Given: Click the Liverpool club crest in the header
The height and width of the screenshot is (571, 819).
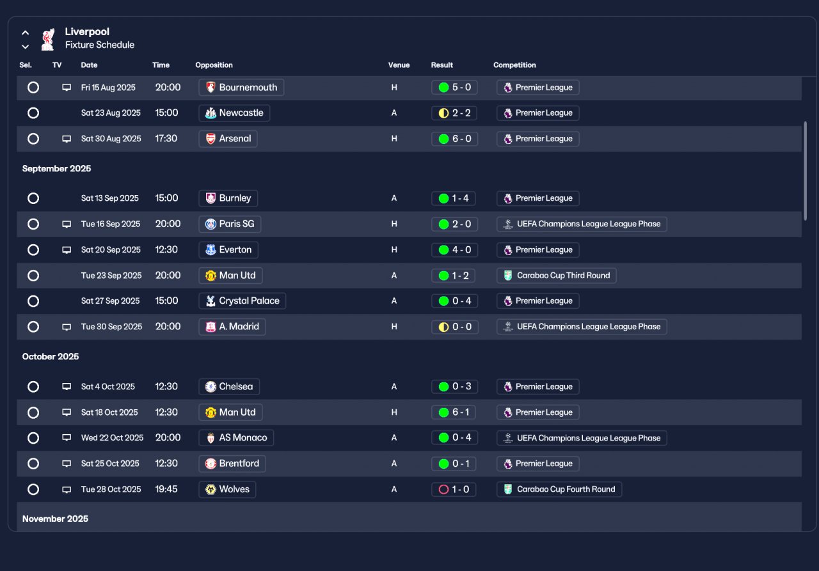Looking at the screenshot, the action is coord(48,39).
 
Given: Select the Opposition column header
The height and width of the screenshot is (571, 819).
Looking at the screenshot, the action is coord(214,65).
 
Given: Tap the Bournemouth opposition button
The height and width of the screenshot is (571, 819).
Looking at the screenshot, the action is coord(241,88).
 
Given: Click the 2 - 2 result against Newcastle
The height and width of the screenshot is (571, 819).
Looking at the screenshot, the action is coord(454,113).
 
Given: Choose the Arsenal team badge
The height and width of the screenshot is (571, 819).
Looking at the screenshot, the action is coord(211,139).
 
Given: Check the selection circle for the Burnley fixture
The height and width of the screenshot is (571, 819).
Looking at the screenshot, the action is coord(33,198).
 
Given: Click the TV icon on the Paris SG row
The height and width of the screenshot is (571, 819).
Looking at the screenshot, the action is coord(67,224).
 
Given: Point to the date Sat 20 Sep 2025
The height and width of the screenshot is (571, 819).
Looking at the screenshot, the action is coord(111,250).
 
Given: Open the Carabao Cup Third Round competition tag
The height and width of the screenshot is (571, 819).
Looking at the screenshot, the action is coord(556,276).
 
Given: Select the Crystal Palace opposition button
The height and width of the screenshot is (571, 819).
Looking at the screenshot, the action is coord(242,301).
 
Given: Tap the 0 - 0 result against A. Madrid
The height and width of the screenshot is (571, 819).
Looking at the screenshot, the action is coord(455,327).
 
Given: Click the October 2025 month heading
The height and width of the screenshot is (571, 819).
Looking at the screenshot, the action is coord(51,357).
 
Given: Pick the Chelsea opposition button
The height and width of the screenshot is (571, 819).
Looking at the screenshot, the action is coord(229,386).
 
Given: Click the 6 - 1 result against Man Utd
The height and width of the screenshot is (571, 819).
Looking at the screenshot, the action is coord(454,412).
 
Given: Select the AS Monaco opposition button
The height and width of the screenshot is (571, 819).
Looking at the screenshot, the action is coord(236,437).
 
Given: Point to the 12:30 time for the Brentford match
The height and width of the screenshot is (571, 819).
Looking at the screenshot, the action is coord(166,464).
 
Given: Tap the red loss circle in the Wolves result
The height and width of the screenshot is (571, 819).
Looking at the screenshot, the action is coord(443,490).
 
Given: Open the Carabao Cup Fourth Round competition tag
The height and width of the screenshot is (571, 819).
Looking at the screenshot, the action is coord(559,490).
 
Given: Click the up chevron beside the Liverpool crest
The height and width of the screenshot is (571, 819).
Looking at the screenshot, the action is coord(25,33).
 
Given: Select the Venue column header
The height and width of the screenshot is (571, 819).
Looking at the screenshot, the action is coord(399,65).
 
